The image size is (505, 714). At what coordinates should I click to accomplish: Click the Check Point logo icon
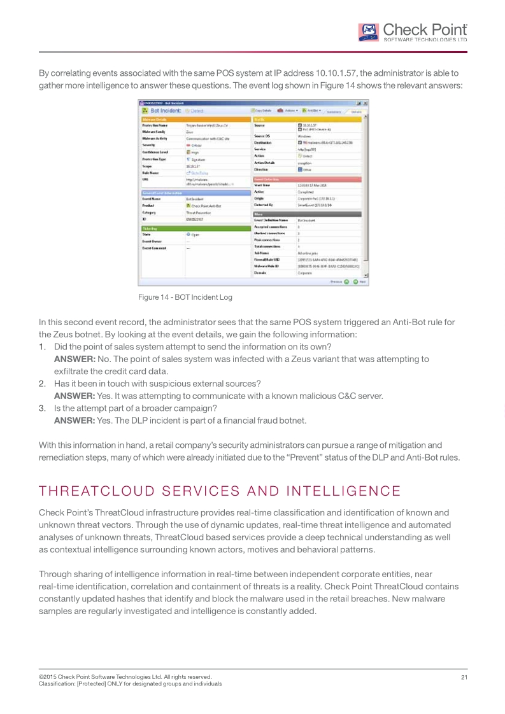point(367,32)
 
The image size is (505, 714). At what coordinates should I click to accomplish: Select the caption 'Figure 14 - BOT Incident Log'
point(185,297)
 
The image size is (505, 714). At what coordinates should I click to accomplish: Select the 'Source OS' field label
point(263,136)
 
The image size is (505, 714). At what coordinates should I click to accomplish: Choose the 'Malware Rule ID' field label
point(267,266)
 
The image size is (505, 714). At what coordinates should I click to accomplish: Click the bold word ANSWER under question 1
point(75,359)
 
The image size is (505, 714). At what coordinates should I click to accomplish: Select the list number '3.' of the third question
point(43,408)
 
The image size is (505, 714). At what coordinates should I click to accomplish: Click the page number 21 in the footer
point(464,676)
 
